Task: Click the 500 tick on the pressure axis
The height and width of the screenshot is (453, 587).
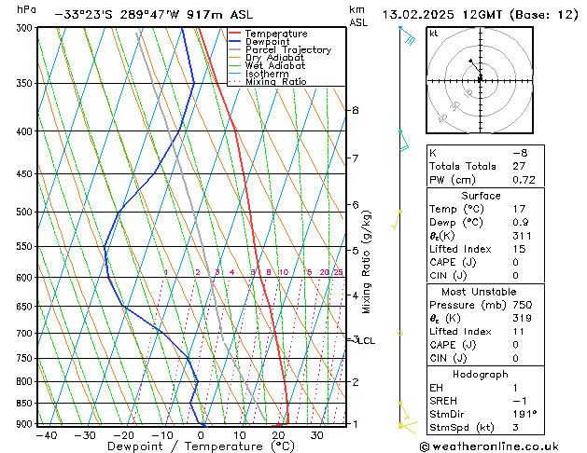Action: [x=23, y=213]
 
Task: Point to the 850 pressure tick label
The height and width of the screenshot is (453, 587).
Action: [x=23, y=404]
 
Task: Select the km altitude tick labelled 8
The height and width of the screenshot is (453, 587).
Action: [x=355, y=110]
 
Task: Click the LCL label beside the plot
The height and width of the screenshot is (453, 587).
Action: [x=366, y=341]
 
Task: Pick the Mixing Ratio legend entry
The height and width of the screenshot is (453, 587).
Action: [x=276, y=82]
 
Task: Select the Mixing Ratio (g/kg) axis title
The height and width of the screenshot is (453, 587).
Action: [x=367, y=262]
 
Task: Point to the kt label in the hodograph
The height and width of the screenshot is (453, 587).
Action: [x=433, y=33]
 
